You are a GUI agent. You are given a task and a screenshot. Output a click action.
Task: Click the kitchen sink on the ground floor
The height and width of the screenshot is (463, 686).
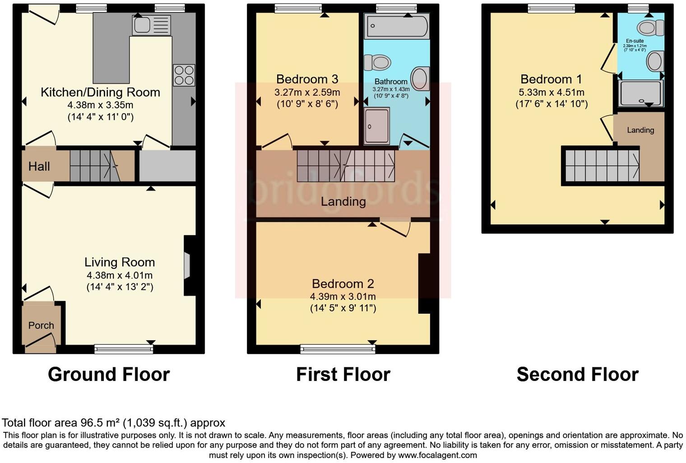coord(151,25)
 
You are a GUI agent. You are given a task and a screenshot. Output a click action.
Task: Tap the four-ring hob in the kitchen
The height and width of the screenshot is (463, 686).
coord(184,75)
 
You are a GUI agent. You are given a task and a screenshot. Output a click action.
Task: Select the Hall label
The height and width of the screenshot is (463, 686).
coord(39,167)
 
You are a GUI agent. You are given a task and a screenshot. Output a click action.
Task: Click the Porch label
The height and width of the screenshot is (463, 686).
coord(41,325)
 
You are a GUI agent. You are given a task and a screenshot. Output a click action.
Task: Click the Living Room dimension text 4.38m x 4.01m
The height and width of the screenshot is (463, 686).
coord(120,275)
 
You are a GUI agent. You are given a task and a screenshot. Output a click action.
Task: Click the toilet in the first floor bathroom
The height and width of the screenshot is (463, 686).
coord(377,63)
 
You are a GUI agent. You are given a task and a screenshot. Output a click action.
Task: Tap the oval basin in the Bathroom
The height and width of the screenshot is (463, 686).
coord(420,79)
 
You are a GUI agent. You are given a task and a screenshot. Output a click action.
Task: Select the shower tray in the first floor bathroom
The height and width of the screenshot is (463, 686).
coord(376,126)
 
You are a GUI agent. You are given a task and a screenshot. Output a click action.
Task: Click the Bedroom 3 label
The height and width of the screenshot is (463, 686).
coord(307,79)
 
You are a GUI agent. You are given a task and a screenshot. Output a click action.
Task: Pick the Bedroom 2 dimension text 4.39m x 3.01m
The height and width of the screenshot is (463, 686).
coord(343,296)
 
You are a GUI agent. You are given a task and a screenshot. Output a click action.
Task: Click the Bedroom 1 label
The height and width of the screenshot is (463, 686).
coord(551,79)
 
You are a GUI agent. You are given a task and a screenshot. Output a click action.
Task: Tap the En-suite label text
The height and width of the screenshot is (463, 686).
coord(635,41)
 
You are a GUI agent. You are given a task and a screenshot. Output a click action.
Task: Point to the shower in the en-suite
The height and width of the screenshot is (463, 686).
coord(641,93)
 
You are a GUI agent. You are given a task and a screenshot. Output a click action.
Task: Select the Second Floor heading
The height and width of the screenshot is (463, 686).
coord(577,375)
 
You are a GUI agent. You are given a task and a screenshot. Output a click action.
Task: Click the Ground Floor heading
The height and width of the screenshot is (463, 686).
coord(109,375)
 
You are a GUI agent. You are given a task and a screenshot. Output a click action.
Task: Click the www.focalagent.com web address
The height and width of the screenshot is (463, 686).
coord(437,455)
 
